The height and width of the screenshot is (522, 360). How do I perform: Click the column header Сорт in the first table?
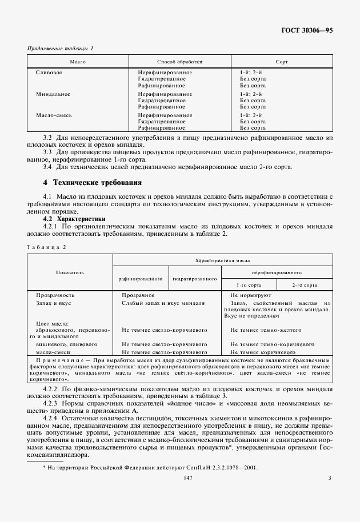coord(281,61)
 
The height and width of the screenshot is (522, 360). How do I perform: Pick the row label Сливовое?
coord(49,73)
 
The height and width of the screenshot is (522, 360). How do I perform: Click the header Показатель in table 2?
coord(70,272)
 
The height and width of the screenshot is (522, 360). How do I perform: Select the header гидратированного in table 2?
coord(194,279)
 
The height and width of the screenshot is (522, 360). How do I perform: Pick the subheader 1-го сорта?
coord(249,284)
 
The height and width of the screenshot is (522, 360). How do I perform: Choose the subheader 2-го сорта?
coord(304,284)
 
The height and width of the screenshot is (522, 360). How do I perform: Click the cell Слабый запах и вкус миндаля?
coord(163,303)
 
